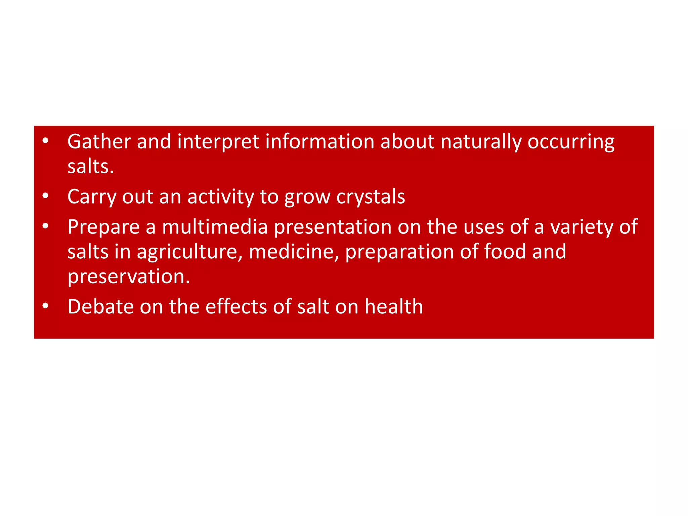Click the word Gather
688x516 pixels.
click(x=99, y=141)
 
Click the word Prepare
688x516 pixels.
click(x=103, y=227)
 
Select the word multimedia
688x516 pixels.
click(x=215, y=227)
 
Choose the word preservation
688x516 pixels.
click(x=129, y=277)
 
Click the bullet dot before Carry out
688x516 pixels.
click(x=46, y=196)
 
